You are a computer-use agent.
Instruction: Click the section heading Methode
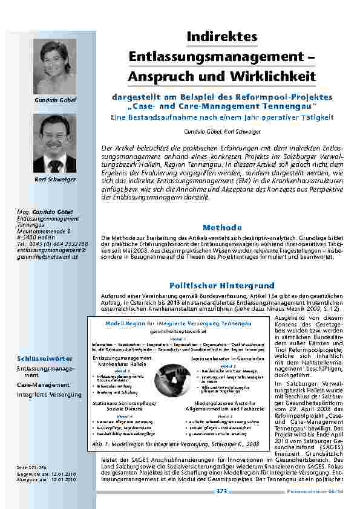pyautogui.click(x=222, y=228)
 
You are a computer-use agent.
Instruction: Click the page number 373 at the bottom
pyautogui.click(x=221, y=491)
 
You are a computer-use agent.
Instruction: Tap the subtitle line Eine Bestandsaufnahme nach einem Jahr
pyautogui.click(x=222, y=117)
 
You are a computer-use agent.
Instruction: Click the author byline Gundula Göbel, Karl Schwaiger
pyautogui.click(x=222, y=131)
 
